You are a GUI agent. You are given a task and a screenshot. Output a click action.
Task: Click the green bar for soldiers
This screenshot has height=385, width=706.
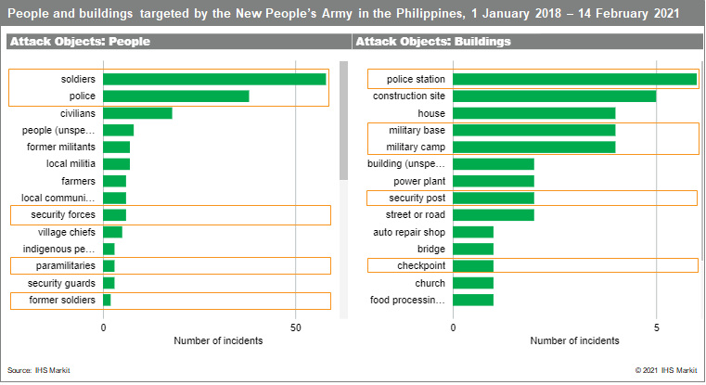214,79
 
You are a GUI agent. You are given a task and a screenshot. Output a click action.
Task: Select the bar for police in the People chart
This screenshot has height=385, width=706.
176,96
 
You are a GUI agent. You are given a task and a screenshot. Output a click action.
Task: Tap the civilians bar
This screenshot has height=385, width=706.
137,113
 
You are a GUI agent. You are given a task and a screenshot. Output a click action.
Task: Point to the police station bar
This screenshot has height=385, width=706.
574,79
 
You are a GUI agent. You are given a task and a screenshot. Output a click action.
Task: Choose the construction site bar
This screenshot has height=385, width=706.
554,96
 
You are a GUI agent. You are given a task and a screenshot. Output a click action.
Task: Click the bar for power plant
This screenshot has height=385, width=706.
494,181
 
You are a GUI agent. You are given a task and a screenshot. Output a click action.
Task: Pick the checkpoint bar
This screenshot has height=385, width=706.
473,266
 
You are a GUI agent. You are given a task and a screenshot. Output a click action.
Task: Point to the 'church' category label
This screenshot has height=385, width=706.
430,283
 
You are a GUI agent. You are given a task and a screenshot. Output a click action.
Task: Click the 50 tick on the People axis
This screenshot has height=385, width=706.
295,327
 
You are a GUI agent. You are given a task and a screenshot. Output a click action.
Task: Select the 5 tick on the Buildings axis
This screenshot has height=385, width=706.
656,327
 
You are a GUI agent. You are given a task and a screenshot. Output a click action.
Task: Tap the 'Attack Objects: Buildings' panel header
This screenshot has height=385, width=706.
433,42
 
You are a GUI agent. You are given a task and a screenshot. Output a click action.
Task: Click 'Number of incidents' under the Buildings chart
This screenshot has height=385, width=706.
574,340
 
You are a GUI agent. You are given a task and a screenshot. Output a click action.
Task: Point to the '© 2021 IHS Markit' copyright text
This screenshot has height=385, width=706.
665,370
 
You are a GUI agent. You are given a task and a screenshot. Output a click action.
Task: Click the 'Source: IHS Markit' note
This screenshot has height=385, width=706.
39,370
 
